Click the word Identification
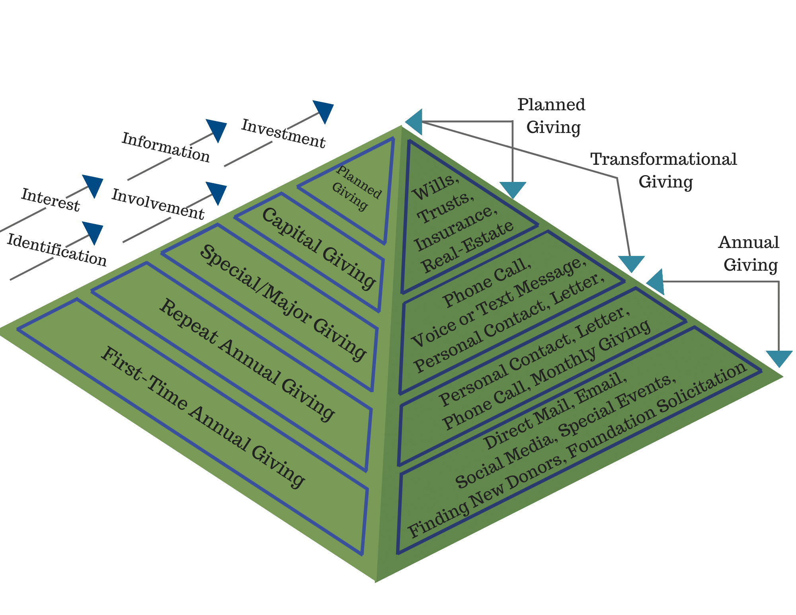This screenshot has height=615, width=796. pos(57,250)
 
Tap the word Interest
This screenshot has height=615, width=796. pos(51,200)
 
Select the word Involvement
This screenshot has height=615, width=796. pos(158,204)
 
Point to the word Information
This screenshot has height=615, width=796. pos(166,147)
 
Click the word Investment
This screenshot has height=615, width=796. pos(283,134)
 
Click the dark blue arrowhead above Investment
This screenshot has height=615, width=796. pos(324,111)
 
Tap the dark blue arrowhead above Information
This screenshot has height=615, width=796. pos(217,129)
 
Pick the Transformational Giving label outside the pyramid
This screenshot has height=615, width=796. pos(664,170)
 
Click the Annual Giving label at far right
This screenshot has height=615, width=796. pos(749,254)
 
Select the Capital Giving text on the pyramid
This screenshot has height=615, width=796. pos(319,248)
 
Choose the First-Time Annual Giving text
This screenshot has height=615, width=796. pos(203,417)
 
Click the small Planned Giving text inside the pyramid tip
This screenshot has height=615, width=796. pos(355,187)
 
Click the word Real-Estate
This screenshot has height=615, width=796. pos(468,247)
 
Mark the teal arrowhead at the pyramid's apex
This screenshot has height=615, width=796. pos(415,121)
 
